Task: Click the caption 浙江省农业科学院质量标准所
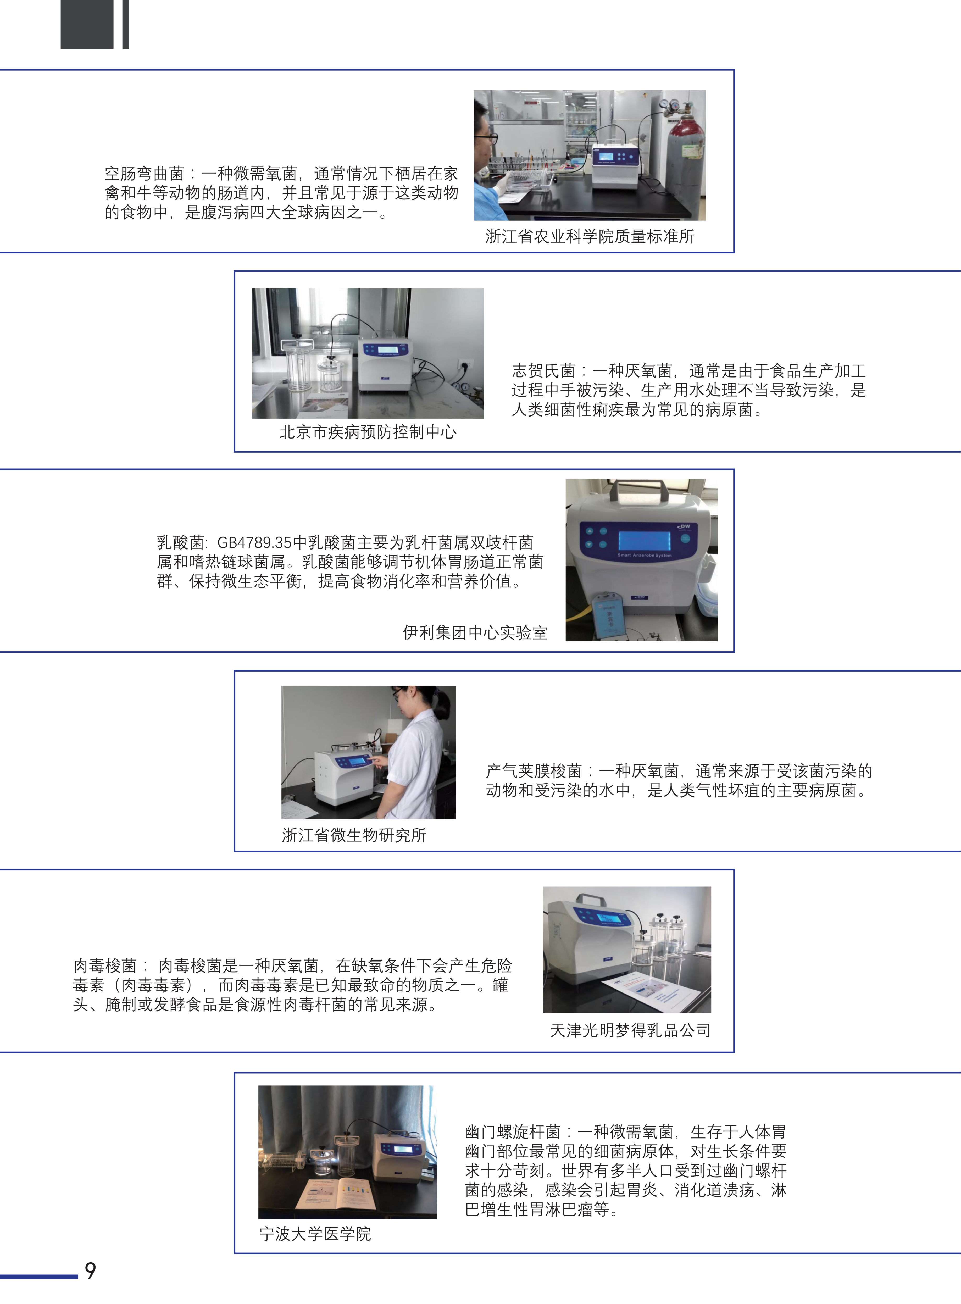pos(590,236)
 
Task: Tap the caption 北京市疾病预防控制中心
pos(368,432)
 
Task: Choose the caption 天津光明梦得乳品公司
pos(630,1031)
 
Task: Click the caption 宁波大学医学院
pos(315,1234)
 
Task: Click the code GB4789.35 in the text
pos(254,543)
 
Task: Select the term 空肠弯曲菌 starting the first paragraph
pos(144,173)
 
